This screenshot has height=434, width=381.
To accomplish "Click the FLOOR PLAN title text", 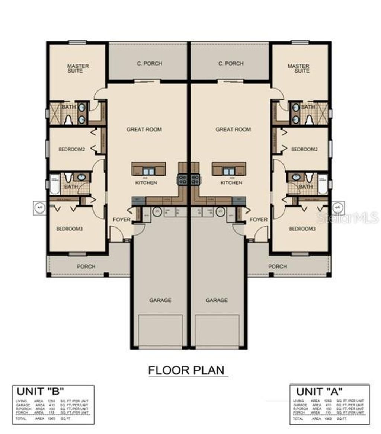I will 186,370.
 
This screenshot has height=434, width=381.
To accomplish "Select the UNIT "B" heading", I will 40,391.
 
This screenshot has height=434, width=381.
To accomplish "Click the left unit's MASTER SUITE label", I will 78,68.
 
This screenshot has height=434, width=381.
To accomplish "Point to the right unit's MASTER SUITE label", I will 298,68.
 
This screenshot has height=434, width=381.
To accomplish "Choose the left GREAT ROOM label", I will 144,130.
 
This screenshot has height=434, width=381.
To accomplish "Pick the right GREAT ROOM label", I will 233,130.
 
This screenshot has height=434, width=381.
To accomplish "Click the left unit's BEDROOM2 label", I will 72,149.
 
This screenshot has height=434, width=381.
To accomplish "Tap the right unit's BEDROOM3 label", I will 302,229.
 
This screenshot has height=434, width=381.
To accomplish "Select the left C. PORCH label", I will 149,63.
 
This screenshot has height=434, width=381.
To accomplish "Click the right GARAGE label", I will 217,300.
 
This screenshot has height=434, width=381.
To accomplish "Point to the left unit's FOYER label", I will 122,220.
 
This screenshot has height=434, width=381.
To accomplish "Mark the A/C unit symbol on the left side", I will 39,206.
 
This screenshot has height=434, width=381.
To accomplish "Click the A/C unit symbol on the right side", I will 338,206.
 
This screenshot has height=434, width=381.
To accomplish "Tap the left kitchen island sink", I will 149,171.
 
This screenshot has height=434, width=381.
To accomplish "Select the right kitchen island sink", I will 229,171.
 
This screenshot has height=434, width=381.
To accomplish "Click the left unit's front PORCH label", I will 86,267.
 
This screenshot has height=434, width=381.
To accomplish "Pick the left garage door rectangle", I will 160,331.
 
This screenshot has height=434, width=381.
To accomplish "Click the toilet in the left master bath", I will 68,119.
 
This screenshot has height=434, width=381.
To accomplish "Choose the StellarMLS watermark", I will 356,217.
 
